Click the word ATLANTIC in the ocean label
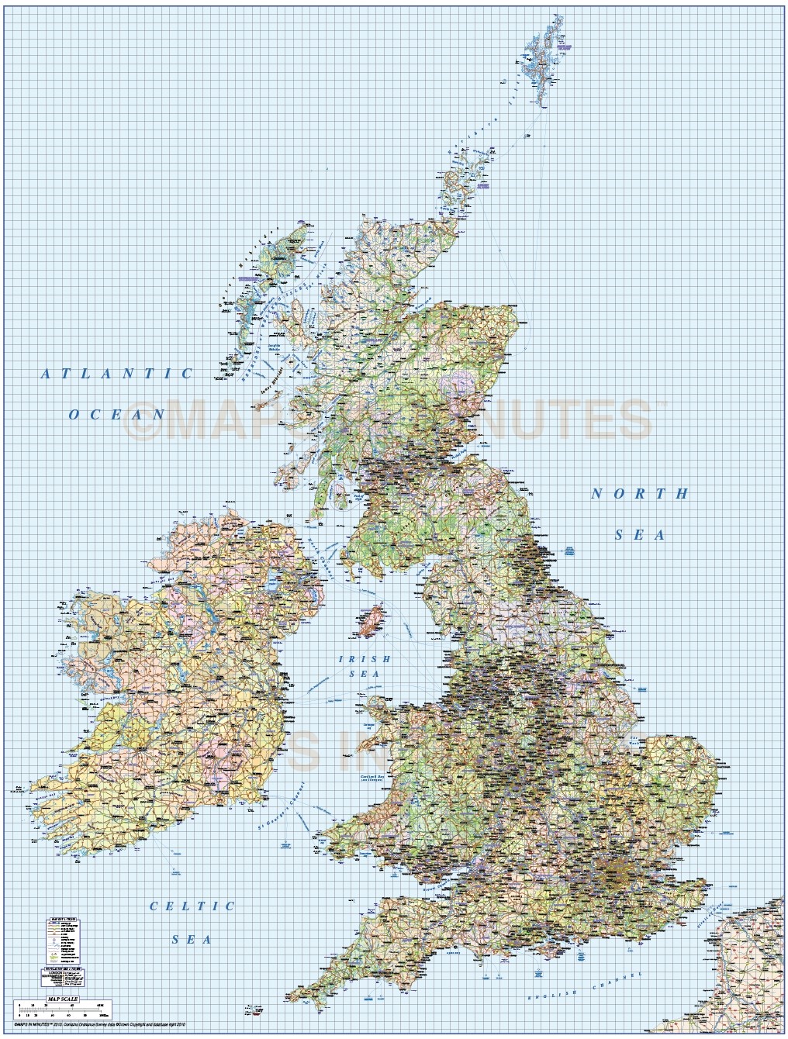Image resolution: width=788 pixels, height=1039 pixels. tap(116, 374)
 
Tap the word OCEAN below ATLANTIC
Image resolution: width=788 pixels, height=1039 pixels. tap(117, 414)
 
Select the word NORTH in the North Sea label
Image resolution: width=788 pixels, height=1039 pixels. tap(641, 494)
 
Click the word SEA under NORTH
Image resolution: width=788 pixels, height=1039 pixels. tap(641, 534)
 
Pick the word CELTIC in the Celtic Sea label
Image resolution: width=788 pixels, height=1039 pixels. tap(192, 906)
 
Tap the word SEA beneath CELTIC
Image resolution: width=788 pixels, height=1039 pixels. tap(192, 939)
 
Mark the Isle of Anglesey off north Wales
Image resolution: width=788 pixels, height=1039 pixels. tap(378, 709)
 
